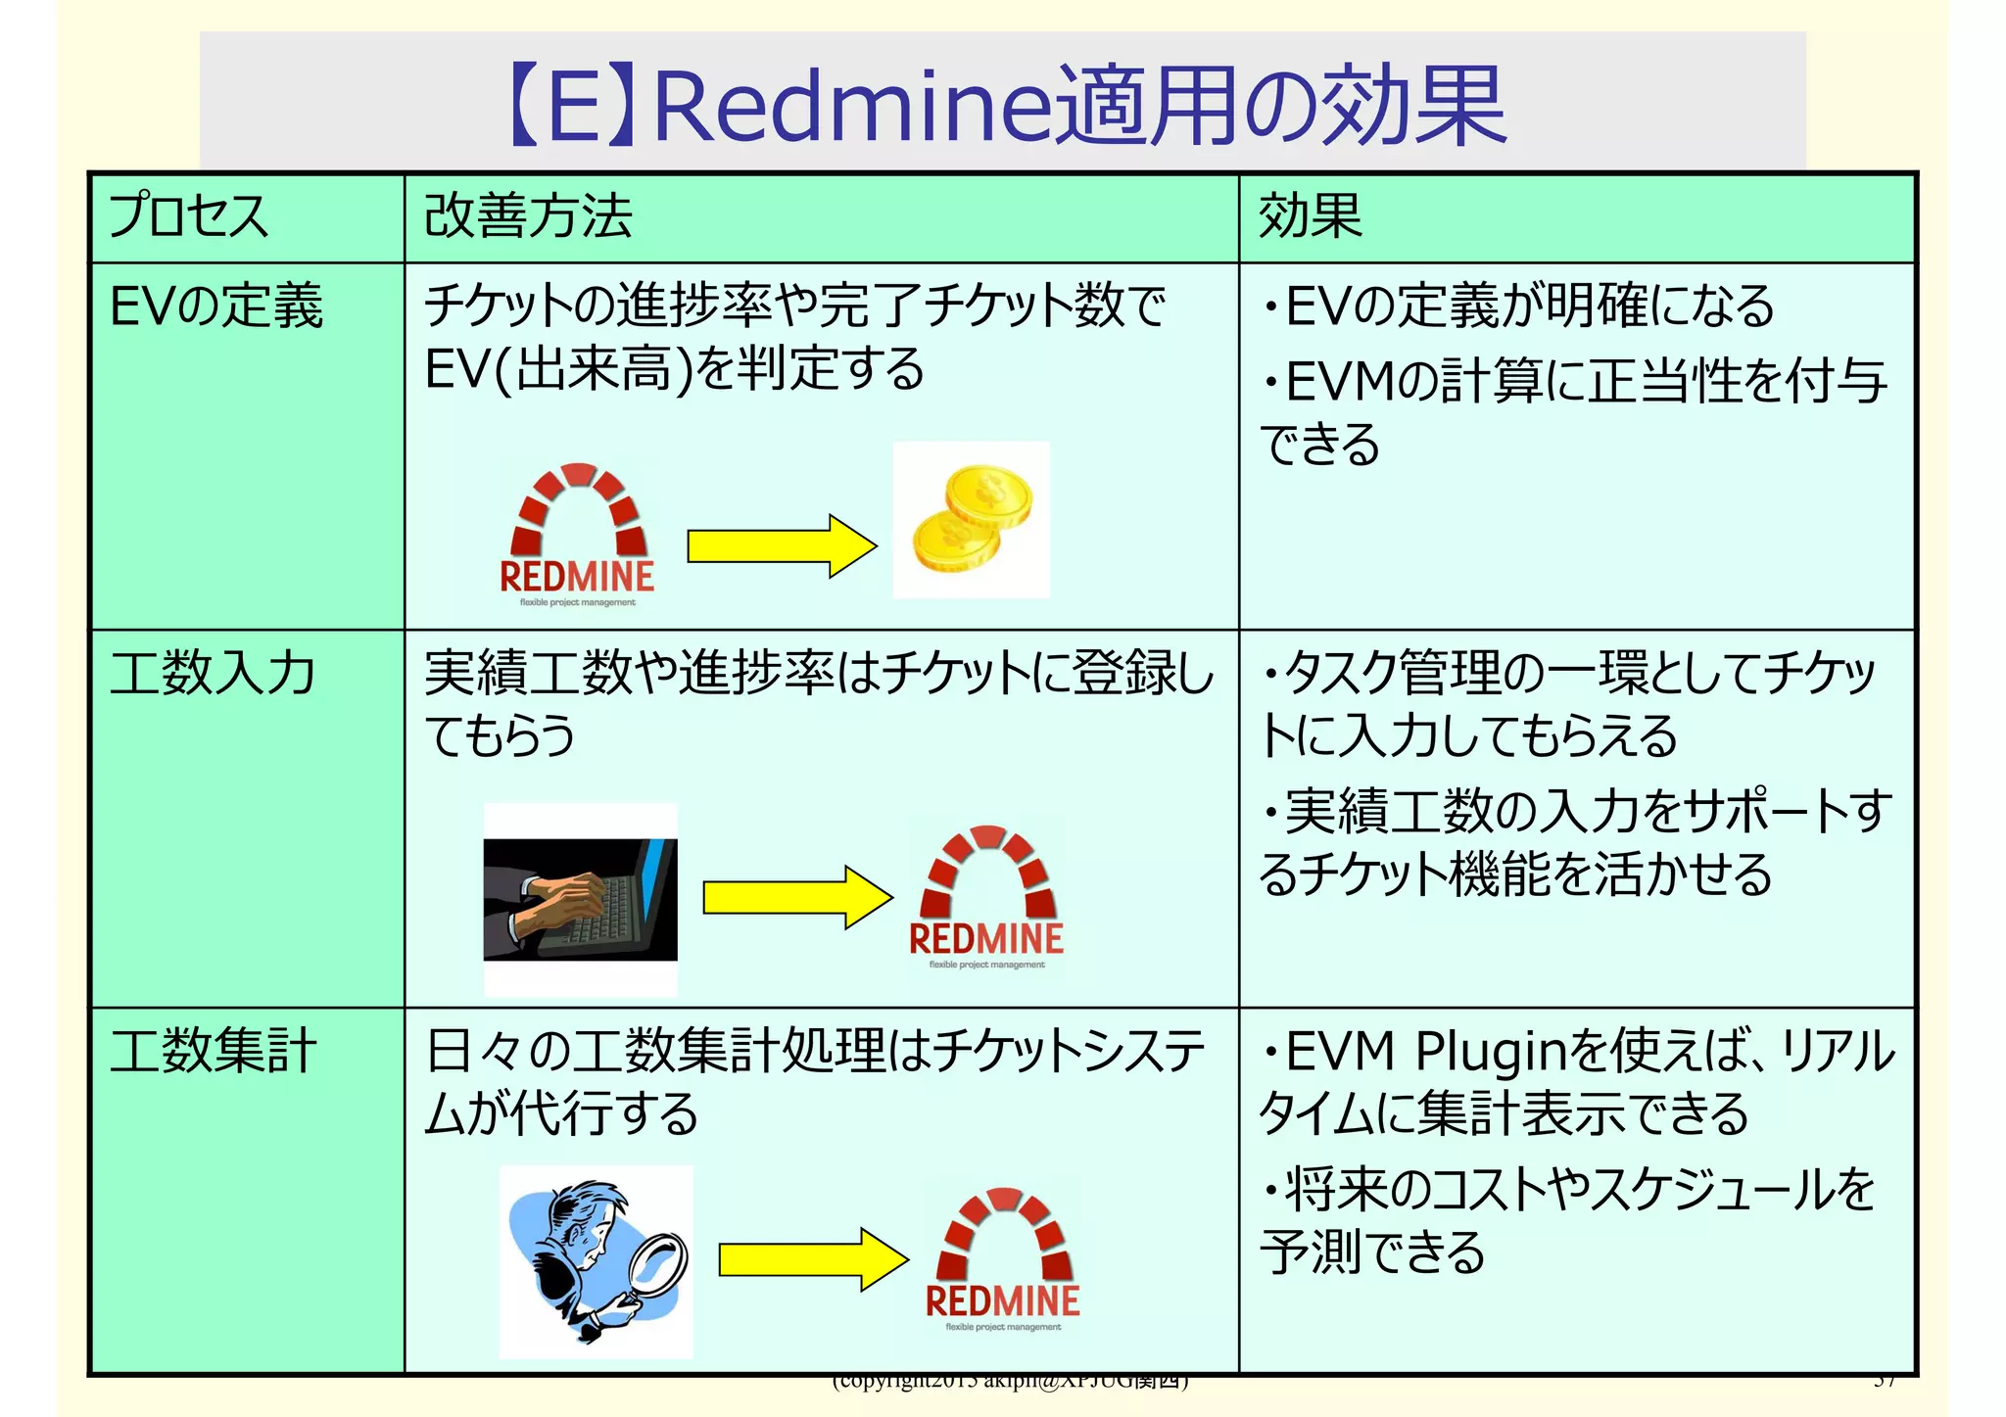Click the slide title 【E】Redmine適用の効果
click(x=1007, y=106)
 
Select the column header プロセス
click(x=188, y=216)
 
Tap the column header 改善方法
click(x=528, y=216)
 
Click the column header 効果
click(x=1310, y=216)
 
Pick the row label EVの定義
click(x=216, y=306)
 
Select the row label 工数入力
click(x=213, y=674)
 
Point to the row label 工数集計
click(x=213, y=1051)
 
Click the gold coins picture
click(x=971, y=519)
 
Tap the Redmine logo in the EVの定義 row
click(x=577, y=534)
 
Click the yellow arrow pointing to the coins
click(x=781, y=546)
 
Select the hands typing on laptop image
click(x=580, y=898)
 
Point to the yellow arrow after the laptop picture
click(x=796, y=897)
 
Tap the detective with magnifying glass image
click(x=596, y=1261)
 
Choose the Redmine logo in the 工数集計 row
click(x=1002, y=1259)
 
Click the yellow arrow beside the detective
click(x=812, y=1259)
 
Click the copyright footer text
click(x=1009, y=1382)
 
